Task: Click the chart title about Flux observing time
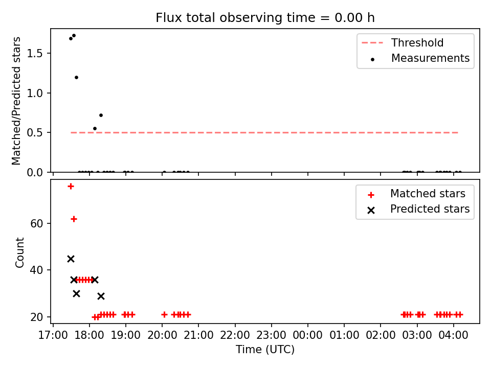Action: click(x=265, y=18)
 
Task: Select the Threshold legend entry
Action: click(x=403, y=42)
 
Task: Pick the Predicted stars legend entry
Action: click(x=419, y=209)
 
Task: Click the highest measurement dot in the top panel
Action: click(x=74, y=36)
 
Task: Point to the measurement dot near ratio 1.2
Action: click(x=76, y=77)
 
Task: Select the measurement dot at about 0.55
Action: click(x=95, y=129)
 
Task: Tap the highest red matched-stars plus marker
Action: click(x=71, y=187)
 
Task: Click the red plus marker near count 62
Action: click(x=74, y=219)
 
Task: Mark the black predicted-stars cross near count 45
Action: click(x=71, y=259)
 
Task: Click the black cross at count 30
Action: click(x=76, y=293)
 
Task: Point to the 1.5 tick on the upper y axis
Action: click(x=49, y=53)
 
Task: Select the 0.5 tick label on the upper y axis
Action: click(x=34, y=133)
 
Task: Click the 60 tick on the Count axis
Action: click(x=49, y=223)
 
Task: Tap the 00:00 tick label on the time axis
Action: click(x=307, y=335)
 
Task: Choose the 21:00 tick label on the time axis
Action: click(x=198, y=335)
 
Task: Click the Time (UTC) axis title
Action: click(x=265, y=349)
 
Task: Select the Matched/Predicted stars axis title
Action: click(x=16, y=101)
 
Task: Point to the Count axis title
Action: click(x=19, y=252)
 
